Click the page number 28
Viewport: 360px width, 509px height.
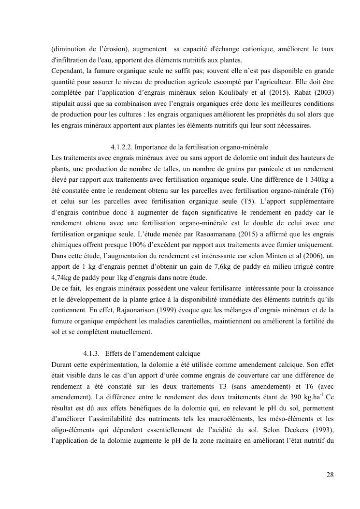click(330, 475)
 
